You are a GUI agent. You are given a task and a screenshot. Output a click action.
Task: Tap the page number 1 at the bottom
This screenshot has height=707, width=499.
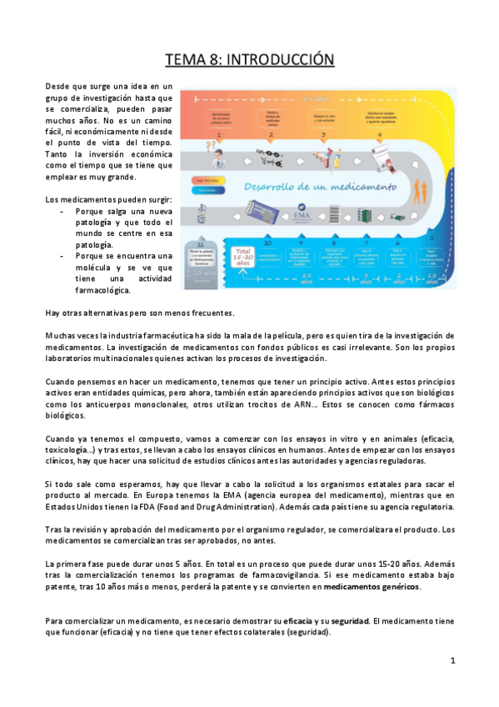coord(452,660)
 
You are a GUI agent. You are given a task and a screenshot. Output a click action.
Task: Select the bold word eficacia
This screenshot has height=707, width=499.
coord(298,621)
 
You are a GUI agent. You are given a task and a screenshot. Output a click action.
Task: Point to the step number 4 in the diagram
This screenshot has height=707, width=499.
coord(379,133)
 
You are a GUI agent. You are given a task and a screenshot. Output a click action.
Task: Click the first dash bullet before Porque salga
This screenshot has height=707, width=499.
coord(64,211)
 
